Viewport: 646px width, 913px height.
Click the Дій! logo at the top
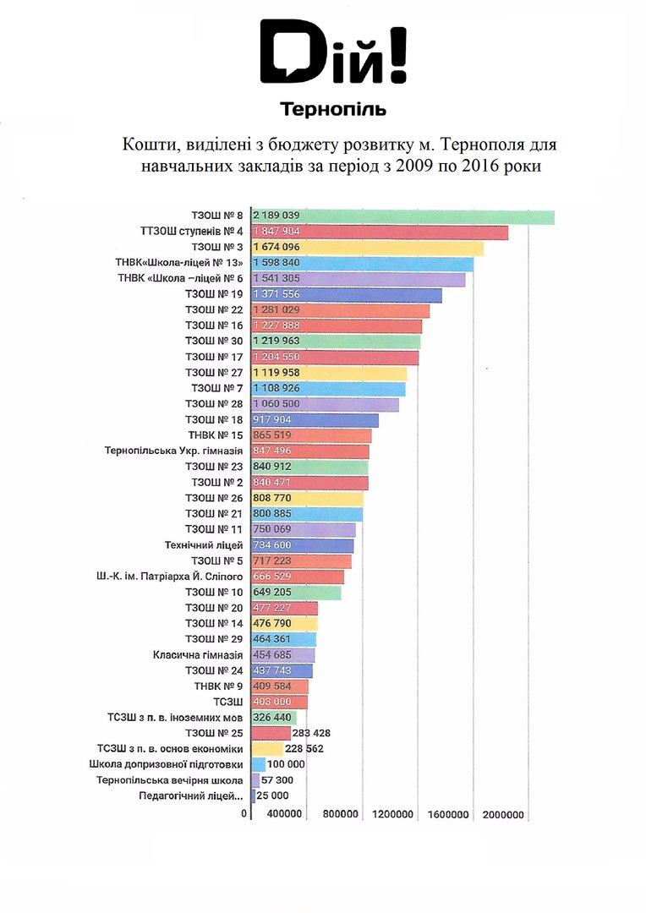pyautogui.click(x=333, y=54)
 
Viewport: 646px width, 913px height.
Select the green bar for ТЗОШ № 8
pyautogui.click(x=402, y=216)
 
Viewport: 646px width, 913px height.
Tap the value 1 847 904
pyautogui.click(x=277, y=232)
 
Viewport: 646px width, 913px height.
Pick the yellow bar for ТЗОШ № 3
pyautogui.click(x=367, y=248)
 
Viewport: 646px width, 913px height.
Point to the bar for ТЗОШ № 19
pyautogui.click(x=347, y=294)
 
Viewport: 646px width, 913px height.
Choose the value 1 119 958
pyautogui.click(x=276, y=373)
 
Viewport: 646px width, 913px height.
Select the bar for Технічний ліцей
pyautogui.click(x=303, y=545)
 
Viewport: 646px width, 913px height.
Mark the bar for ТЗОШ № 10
pyautogui.click(x=296, y=593)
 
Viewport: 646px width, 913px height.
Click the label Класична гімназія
pyautogui.click(x=199, y=655)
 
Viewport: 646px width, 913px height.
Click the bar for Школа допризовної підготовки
pyautogui.click(x=259, y=764)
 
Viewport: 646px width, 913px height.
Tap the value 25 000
pyautogui.click(x=274, y=795)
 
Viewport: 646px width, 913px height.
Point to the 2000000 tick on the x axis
pyautogui.click(x=504, y=815)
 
